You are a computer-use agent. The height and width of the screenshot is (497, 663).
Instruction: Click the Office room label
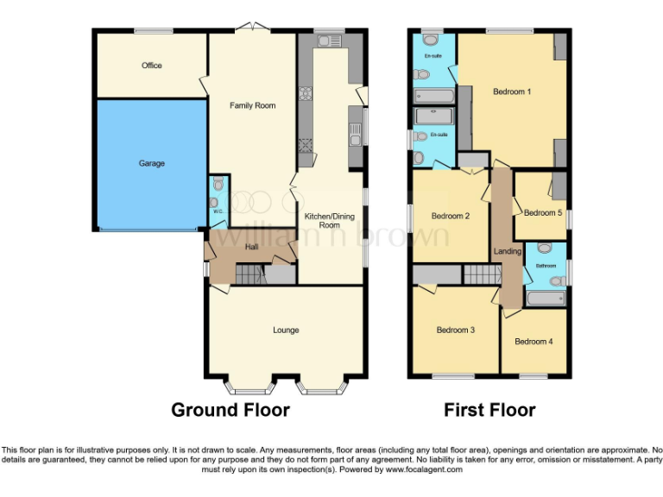tap(152, 66)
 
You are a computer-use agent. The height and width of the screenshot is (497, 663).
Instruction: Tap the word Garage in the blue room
tap(152, 163)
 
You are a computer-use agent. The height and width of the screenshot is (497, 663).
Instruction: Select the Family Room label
tap(252, 105)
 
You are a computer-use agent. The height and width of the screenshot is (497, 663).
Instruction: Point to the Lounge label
tap(286, 330)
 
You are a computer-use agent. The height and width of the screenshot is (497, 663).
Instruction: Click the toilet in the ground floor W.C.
tap(218, 184)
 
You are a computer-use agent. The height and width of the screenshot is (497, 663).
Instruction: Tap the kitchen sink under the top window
tap(329, 40)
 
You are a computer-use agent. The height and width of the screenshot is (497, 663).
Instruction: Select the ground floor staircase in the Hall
tap(249, 275)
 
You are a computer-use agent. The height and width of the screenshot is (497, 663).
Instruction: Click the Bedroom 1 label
tap(512, 91)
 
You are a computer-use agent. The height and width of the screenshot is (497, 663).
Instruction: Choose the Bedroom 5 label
tap(542, 212)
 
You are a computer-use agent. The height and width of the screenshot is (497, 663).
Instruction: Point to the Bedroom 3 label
tap(455, 330)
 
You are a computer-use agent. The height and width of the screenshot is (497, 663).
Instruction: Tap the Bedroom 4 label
tap(534, 342)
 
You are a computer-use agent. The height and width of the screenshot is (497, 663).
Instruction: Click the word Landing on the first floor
tap(507, 251)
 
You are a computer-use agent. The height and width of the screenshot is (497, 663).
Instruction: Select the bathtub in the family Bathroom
tap(545, 299)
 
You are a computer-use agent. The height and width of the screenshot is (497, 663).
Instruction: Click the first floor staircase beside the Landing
tap(481, 274)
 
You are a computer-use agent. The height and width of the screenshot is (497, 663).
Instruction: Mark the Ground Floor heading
tap(230, 410)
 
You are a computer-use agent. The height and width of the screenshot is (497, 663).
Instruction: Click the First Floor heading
tap(489, 410)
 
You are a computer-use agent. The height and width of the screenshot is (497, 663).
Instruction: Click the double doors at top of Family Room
tap(251, 29)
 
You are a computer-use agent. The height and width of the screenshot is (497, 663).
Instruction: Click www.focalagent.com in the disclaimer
tap(424, 470)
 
